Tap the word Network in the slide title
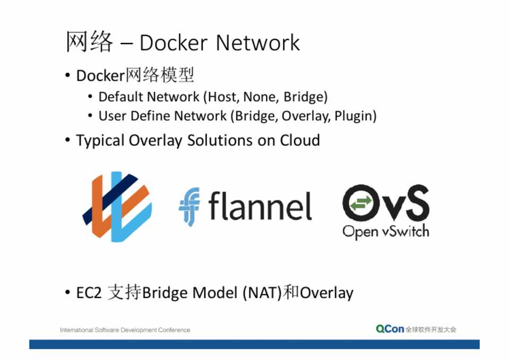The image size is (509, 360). pyautogui.click(x=258, y=42)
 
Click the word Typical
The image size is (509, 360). pyautogui.click(x=101, y=141)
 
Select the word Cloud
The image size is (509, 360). pyautogui.click(x=300, y=140)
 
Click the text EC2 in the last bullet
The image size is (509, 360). pyautogui.click(x=89, y=293)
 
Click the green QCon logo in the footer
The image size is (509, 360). pyautogui.click(x=390, y=329)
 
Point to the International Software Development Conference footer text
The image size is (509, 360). pyautogui.click(x=125, y=330)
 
